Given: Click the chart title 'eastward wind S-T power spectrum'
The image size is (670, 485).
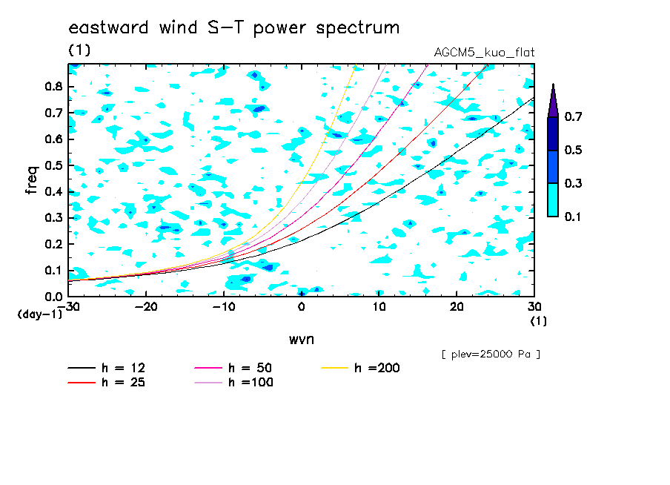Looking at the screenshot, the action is point(234,28).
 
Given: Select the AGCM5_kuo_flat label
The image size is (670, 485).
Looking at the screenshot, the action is point(484,53).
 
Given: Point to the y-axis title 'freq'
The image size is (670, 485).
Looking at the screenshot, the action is point(32,179).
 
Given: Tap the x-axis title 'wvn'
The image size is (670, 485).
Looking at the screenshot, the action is point(302,340).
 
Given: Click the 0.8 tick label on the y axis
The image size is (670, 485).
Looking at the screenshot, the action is point(53,87).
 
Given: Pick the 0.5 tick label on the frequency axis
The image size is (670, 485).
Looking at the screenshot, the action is point(53,165).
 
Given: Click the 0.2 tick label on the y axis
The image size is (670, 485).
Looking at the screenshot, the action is point(53,244).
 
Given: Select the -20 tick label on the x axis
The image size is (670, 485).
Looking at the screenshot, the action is point(146,307).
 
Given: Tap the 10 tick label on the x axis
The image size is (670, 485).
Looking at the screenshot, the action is point(379,307).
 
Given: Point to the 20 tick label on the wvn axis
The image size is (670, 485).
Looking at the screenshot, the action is point(457,307).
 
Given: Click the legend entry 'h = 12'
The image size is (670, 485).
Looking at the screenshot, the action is point(107,368).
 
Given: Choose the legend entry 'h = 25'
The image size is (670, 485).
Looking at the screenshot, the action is point(107,382).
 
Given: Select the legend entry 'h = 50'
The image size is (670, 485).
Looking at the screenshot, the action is point(233,368).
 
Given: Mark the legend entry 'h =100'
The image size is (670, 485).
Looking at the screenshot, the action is point(233,382).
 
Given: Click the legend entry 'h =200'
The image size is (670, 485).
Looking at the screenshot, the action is point(360,368).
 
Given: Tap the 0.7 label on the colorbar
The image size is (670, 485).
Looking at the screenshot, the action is point(573,116).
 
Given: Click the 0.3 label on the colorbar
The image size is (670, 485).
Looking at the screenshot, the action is point(573,183).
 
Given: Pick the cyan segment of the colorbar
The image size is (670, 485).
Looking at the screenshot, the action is point(553,199).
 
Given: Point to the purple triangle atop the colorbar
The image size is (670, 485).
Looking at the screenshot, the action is point(553,100).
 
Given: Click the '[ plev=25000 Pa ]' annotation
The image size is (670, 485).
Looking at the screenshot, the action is point(491,354).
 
